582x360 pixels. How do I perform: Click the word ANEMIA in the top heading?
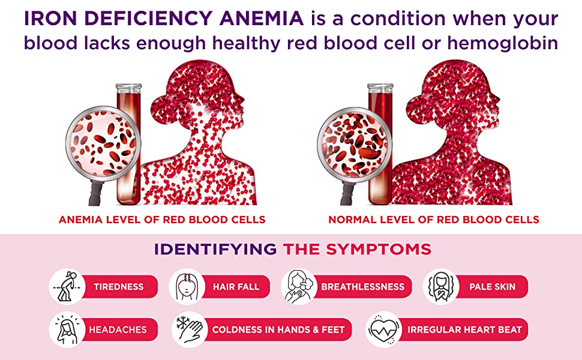[262, 19]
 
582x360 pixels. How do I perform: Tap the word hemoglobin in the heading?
[503, 43]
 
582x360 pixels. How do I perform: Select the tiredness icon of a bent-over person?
[67, 287]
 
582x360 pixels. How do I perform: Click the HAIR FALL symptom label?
[236, 287]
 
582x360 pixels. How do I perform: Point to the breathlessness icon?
[298, 287]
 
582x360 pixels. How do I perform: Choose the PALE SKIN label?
[492, 287]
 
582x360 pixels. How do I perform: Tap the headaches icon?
[67, 329]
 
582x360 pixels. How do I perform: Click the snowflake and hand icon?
[190, 329]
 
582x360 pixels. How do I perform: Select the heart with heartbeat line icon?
[384, 329]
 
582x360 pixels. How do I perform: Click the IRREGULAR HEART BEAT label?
[464, 329]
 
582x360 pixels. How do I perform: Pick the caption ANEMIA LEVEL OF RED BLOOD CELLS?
[162, 220]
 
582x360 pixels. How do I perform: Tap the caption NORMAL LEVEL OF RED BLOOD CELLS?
[434, 220]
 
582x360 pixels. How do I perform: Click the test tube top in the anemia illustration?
[128, 88]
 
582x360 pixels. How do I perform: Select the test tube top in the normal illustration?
[380, 88]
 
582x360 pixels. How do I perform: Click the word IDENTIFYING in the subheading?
[215, 249]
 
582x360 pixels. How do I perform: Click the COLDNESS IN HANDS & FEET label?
[278, 329]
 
